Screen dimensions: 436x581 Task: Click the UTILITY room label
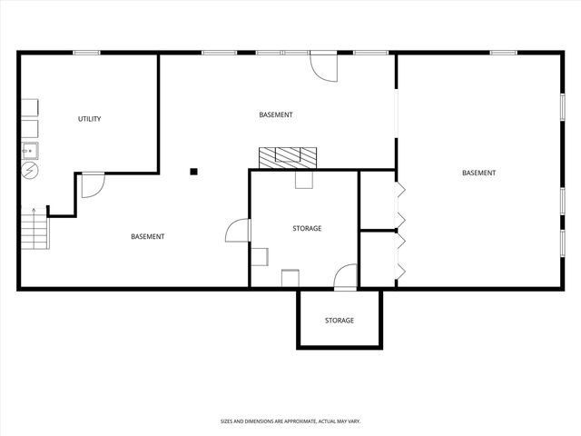[89, 119]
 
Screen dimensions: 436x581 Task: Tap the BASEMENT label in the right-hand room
[478, 173]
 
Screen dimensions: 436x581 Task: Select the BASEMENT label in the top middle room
[276, 114]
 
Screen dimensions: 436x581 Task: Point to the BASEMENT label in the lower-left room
[147, 237]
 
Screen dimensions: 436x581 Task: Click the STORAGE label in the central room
[307, 228]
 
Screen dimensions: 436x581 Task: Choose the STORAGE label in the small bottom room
[340, 321]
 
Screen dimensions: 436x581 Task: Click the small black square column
[193, 170]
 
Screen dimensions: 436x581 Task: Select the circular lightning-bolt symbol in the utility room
[30, 169]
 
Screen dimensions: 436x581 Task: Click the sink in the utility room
[30, 149]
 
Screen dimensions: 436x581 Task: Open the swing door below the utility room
[92, 184]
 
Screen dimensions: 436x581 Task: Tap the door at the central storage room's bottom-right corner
[346, 276]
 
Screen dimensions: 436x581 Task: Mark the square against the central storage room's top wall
[303, 180]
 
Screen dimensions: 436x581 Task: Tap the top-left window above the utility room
[86, 53]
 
